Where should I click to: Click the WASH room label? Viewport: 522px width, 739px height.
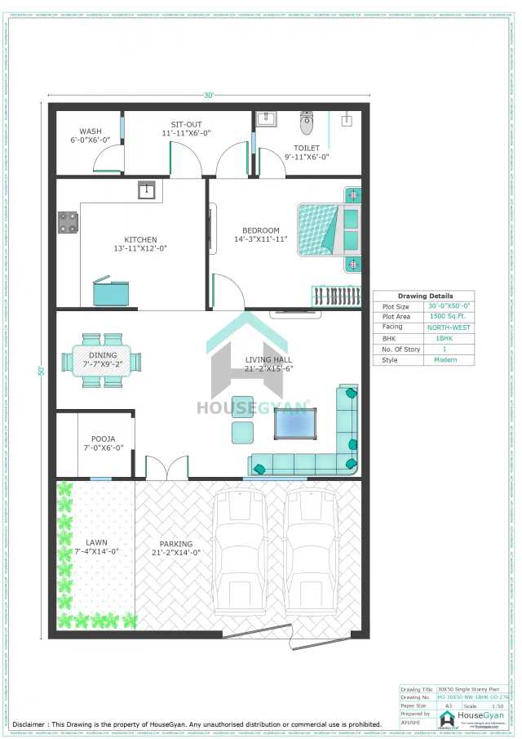coord(91,131)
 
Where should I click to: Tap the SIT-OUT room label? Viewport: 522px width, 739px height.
coord(186,123)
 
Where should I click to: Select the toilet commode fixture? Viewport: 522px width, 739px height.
coord(307,123)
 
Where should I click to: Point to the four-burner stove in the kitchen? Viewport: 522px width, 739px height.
coord(68,222)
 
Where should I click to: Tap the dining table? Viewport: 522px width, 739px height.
coord(103,360)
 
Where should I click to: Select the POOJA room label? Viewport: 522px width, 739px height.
coord(103,439)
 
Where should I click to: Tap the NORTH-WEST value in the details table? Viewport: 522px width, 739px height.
coord(449,327)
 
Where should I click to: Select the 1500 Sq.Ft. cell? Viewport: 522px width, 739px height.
coord(449,317)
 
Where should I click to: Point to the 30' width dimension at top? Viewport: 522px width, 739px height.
coord(209,96)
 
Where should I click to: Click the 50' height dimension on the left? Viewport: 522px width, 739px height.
coord(40,370)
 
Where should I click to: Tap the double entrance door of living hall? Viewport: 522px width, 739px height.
coord(167,470)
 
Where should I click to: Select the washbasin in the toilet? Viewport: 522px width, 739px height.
coord(267,120)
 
